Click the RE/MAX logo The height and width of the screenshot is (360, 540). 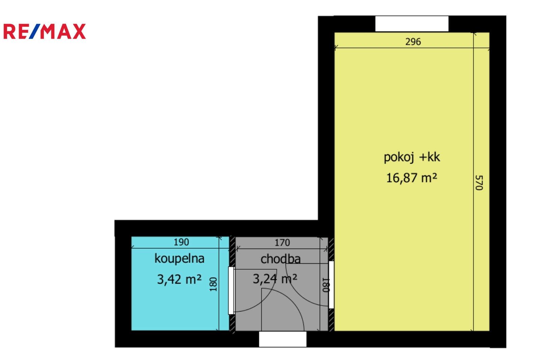[45, 31]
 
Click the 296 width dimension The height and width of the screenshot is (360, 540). [413, 42]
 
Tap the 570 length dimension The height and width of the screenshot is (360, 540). [479, 183]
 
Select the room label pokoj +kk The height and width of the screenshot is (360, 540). [412, 157]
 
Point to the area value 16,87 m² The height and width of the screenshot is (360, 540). [411, 178]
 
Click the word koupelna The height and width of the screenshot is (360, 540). [179, 259]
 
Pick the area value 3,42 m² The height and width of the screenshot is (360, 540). [179, 279]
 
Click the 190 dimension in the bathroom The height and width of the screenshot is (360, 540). [181, 242]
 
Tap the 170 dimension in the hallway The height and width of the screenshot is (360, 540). [282, 242]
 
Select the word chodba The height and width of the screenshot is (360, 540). [280, 259]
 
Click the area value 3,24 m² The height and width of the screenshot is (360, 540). [275, 279]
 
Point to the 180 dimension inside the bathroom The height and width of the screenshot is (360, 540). [213, 284]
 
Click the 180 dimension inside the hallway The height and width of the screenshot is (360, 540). [326, 285]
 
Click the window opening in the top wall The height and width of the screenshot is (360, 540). [412, 24]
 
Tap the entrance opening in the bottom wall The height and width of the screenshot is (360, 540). [283, 339]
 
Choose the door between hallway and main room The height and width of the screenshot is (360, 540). [331, 285]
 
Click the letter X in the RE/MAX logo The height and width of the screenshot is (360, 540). [79, 31]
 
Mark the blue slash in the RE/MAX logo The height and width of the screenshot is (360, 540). [35, 31]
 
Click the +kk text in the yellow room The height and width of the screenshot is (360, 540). [430, 157]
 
